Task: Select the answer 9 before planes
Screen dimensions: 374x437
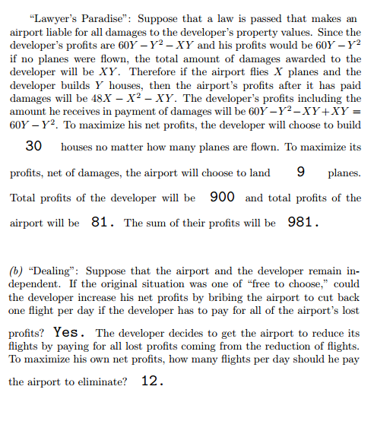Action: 300,172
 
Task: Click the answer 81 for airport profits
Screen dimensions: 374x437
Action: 101,223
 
